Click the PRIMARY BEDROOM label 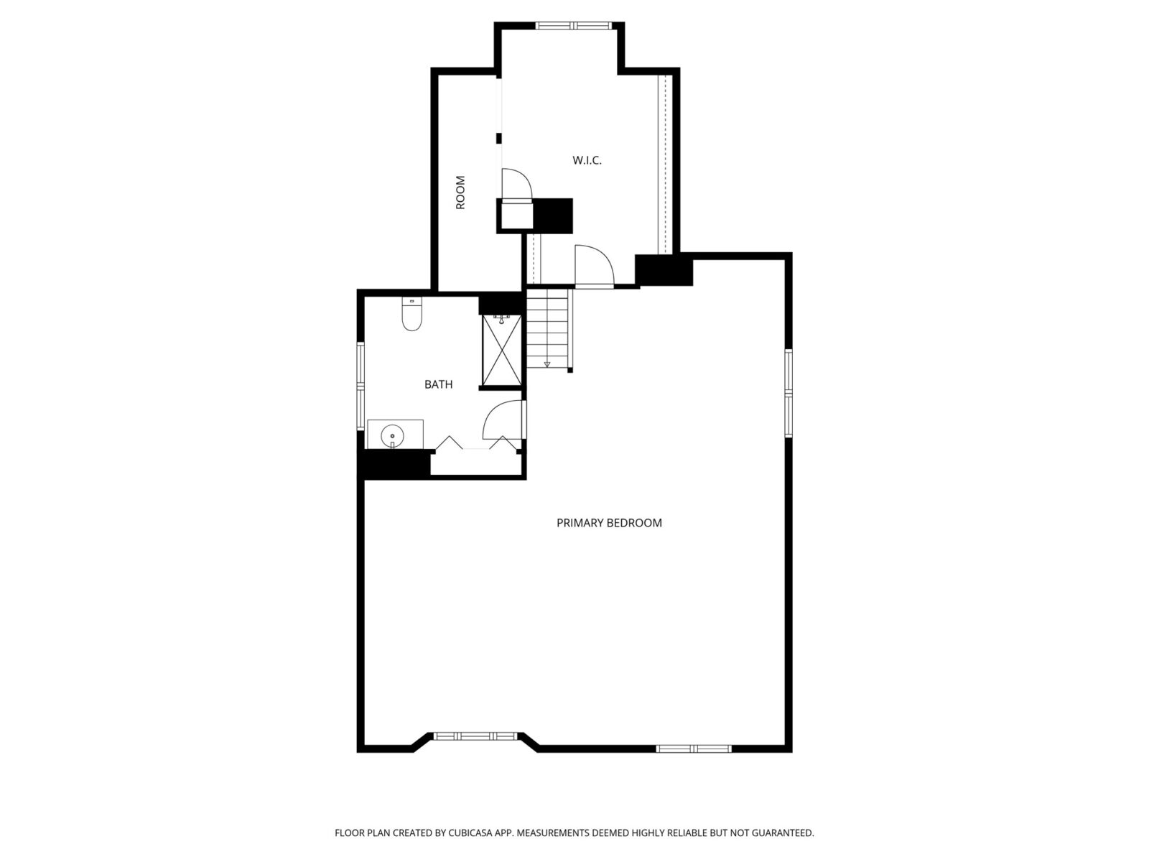tap(609, 522)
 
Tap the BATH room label tap(438, 385)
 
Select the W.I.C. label tap(587, 160)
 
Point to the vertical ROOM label tap(460, 193)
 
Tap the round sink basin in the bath tap(392, 435)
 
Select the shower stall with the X tap(501, 350)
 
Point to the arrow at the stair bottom tap(547, 363)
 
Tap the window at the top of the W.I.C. tap(573, 25)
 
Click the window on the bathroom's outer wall tap(360, 386)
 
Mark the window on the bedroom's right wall tap(789, 393)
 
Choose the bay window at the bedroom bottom tap(475, 736)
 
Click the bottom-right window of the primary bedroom tap(694, 749)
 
